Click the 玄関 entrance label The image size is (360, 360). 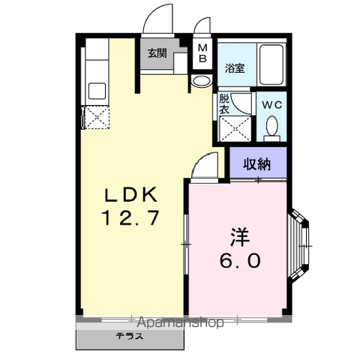tap(157, 53)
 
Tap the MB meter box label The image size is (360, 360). tap(202, 53)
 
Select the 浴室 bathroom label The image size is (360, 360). tap(235, 68)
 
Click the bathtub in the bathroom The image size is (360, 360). tap(271, 65)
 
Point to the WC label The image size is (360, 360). tap(272, 105)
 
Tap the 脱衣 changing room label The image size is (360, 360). tap(224, 104)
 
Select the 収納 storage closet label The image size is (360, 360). tap(257, 164)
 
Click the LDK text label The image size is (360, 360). tap(131, 195)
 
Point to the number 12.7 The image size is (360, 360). tap(130, 217)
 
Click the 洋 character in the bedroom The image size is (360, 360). tap(240, 237)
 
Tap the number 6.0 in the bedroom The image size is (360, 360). tap(240, 260)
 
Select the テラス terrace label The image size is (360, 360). tap(130, 336)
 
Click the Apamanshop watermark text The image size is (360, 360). tap(180, 322)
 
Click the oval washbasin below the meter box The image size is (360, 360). tap(202, 80)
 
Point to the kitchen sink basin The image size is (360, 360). tap(97, 91)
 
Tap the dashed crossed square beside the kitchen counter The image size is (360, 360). tap(97, 117)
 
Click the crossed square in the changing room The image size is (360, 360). tap(235, 129)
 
